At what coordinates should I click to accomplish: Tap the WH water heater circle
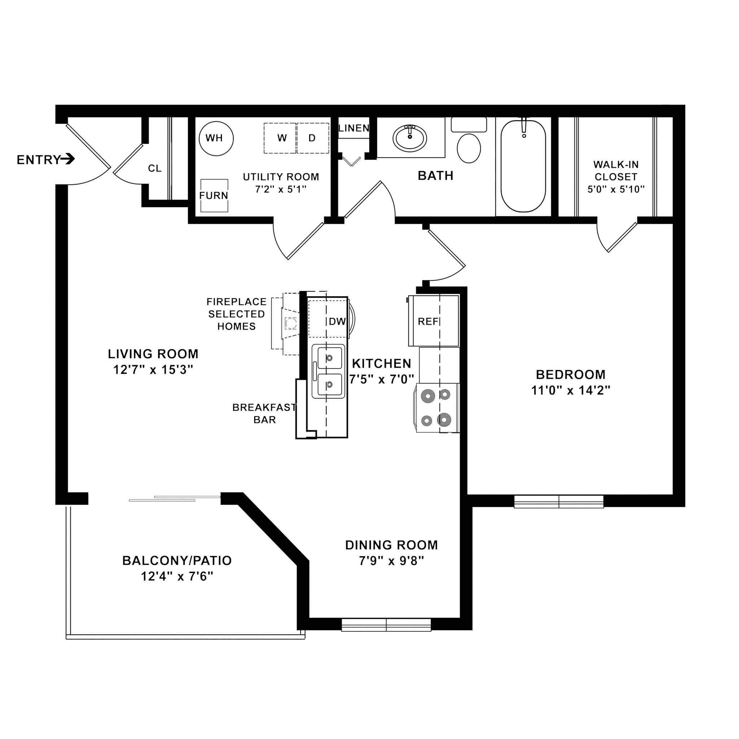click(216, 138)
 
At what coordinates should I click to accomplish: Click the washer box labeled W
click(281, 138)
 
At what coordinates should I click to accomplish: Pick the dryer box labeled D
click(313, 138)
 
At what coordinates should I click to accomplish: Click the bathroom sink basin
click(410, 139)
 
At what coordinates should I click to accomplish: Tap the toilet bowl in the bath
click(469, 148)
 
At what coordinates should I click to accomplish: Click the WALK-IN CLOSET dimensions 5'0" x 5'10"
click(616, 189)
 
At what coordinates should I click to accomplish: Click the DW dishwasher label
click(337, 322)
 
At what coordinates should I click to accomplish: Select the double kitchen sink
click(329, 371)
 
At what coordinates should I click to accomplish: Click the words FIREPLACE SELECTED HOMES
click(236, 314)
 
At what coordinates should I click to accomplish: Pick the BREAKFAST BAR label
click(264, 414)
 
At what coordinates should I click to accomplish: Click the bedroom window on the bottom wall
click(559, 502)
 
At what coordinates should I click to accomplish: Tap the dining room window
click(386, 625)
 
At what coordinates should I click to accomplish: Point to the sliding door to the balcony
click(174, 498)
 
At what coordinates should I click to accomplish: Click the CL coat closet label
click(154, 168)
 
